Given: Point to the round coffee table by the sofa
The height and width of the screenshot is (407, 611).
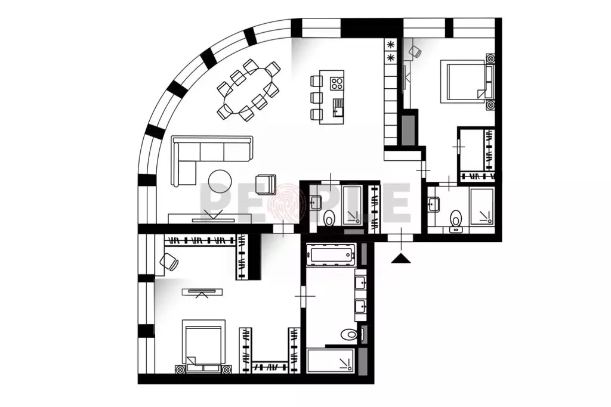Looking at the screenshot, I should point(221,182).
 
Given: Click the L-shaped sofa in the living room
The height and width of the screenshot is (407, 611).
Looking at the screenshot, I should point(203,153).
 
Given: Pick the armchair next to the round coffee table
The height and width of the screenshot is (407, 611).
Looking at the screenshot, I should point(266,184).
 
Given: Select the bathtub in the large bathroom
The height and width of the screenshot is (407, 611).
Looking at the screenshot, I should point(331,255).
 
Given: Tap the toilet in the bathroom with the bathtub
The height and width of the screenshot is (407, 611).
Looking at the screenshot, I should point(349,334).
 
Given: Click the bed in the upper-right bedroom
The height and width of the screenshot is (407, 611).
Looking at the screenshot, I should point(466,81).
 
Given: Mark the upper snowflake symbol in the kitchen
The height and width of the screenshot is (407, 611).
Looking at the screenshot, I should point(391,45).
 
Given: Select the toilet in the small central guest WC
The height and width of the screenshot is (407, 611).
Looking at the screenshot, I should point(329,219).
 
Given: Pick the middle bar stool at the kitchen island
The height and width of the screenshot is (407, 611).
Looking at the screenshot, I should point(316,97).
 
